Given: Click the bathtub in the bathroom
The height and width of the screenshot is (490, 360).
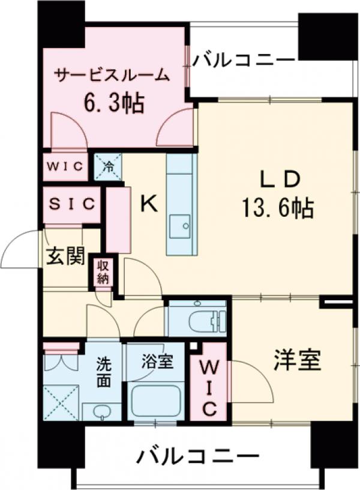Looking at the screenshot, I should pos(156,402).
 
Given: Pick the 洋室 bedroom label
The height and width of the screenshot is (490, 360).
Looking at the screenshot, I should pos(298,360).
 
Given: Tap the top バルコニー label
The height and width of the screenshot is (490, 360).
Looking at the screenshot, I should pos(245,60).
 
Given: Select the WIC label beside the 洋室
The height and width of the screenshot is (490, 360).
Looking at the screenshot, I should pos(208,387).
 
